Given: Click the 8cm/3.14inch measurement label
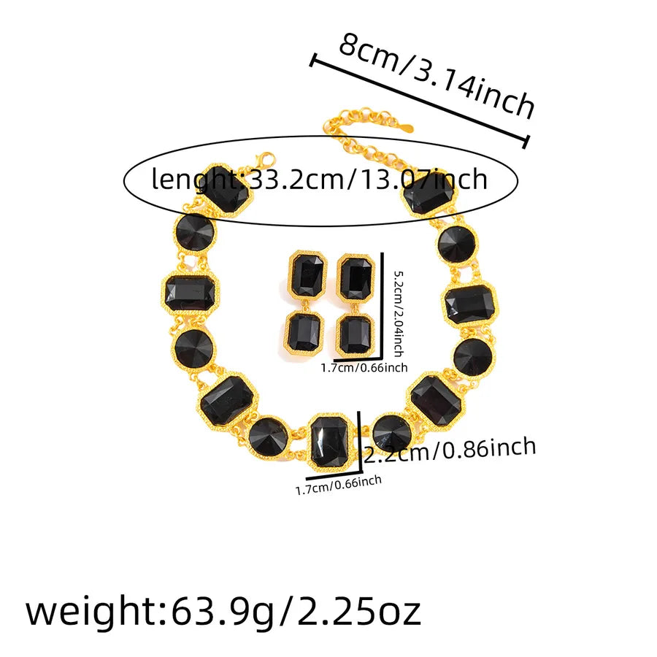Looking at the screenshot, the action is click(x=437, y=74).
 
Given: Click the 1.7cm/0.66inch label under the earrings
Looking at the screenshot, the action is click(x=364, y=368).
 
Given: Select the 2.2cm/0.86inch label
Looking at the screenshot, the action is click(x=450, y=450).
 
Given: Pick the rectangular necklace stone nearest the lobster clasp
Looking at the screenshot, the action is click(x=227, y=190).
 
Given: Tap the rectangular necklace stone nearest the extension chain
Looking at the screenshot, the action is click(x=429, y=193).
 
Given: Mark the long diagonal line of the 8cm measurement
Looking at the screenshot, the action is click(x=419, y=101).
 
